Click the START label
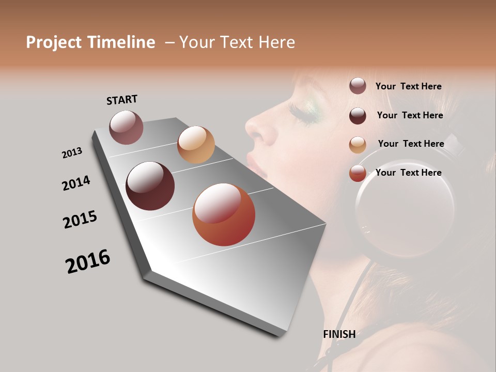click(122, 100)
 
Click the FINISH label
click(339, 334)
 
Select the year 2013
click(72, 152)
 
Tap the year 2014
click(76, 183)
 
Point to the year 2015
click(80, 220)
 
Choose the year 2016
click(88, 261)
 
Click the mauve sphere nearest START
click(126, 127)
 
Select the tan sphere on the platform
click(196, 145)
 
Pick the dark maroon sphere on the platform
click(150, 186)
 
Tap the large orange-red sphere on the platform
click(224, 214)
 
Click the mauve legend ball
click(358, 86)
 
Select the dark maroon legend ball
click(358, 116)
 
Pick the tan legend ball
click(358, 145)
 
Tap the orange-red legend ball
click(358, 173)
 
